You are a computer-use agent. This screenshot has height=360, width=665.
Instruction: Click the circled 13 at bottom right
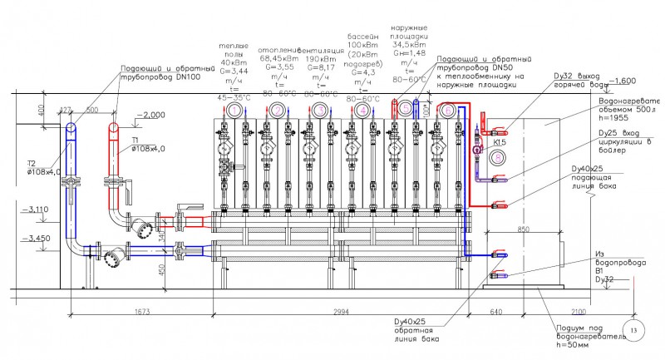[x=637, y=331]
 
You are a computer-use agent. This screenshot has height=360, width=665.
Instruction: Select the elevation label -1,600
[x=623, y=81]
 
